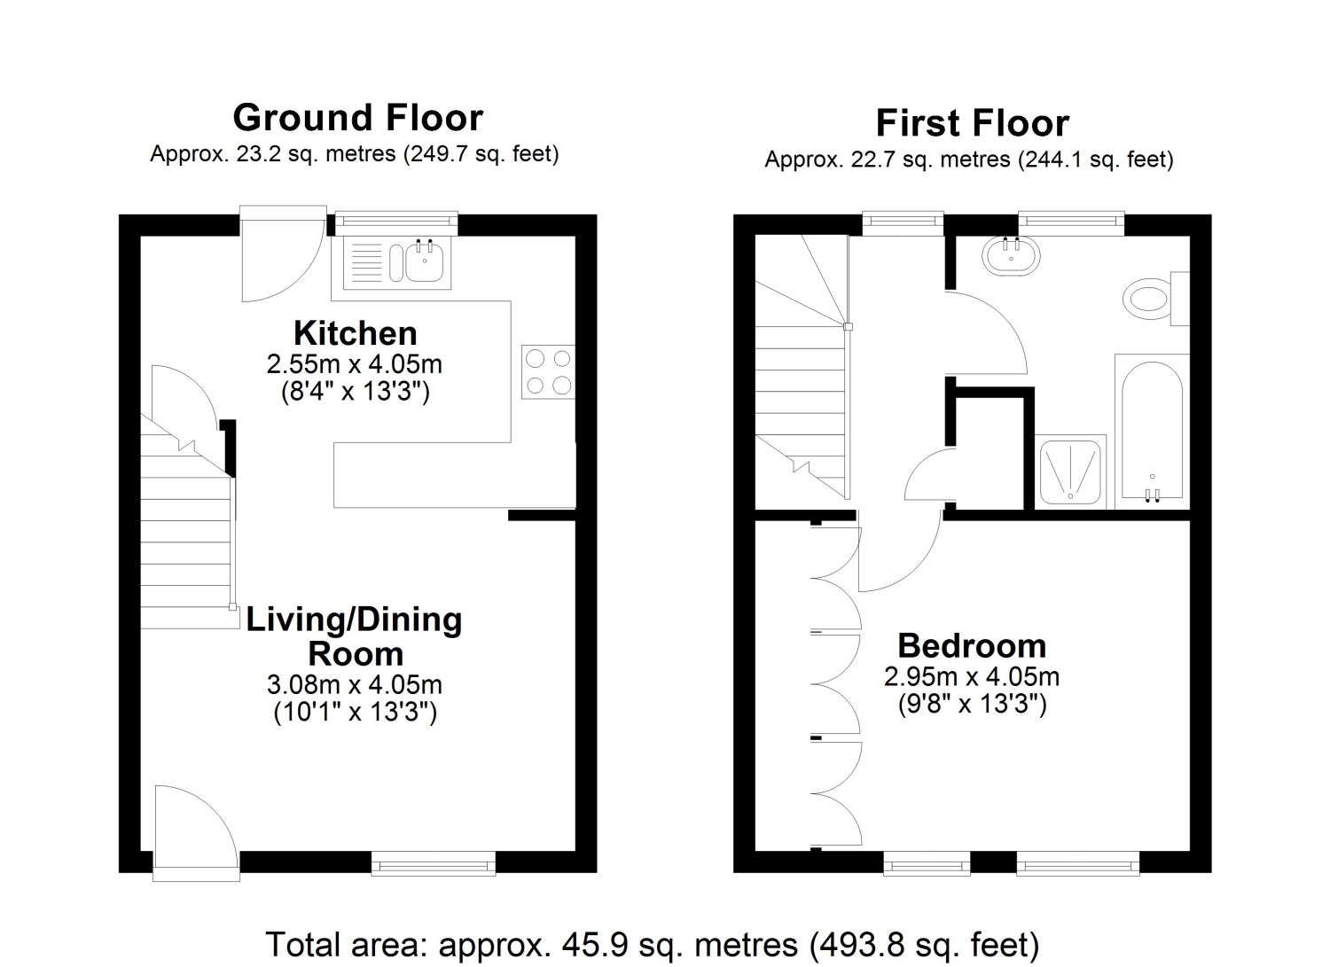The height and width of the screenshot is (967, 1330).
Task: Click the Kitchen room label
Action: pos(355,333)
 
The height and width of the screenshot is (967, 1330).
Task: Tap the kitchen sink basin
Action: pos(424,263)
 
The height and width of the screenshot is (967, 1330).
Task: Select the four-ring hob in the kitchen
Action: pos(548,371)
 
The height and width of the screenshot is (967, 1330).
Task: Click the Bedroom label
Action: pos(972,645)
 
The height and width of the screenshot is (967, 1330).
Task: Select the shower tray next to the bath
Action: pos(1070,472)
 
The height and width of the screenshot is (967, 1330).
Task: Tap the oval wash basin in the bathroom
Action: pos(1011,256)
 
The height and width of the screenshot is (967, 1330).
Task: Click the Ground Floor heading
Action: pos(357,118)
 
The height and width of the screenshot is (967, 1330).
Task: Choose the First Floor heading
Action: pos(973,123)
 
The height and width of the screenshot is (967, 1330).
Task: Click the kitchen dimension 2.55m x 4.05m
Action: pos(355,364)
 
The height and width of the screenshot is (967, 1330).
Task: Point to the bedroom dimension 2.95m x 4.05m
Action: pos(972,676)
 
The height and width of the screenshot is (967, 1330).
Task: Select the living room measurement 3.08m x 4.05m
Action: pos(355,684)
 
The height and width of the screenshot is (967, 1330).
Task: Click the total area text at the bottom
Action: pos(652,944)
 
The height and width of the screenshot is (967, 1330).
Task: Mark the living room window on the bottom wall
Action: pos(434,863)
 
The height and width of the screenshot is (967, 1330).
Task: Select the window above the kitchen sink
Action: pos(396,222)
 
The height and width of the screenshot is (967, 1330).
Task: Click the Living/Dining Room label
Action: pos(355,636)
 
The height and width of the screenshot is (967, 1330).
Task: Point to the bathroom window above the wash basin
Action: pos(1071,222)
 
